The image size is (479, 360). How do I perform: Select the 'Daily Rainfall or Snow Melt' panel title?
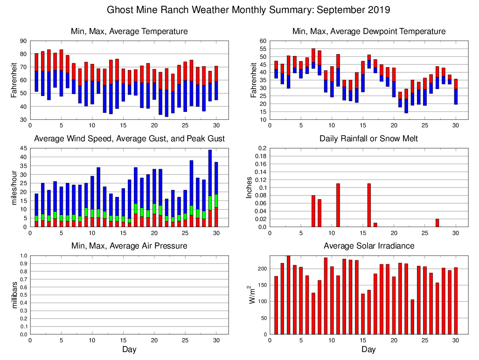(368, 138)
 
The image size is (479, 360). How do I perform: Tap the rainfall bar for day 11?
(338, 205)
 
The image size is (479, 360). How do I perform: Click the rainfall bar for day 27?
(437, 223)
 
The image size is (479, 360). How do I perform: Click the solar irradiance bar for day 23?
(412, 317)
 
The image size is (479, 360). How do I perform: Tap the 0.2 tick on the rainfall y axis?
(263, 148)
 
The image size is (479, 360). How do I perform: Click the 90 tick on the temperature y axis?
(23, 41)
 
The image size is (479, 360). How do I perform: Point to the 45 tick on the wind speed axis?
(23, 148)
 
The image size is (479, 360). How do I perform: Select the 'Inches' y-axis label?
(250, 187)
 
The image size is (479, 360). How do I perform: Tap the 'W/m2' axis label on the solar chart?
(251, 295)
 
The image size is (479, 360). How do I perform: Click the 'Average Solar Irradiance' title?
(368, 246)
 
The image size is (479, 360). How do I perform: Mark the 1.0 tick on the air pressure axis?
(22, 256)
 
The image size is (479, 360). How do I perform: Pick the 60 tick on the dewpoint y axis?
(263, 41)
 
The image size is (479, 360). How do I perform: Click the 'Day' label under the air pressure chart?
(129, 349)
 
